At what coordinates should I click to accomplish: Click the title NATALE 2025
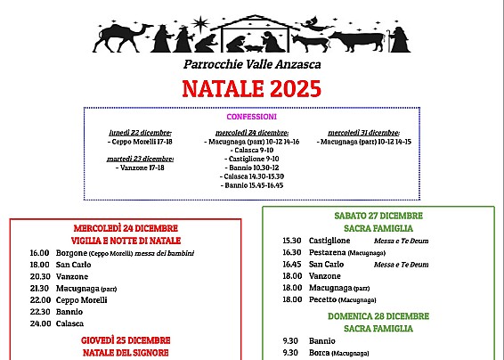pyautogui.click(x=251, y=87)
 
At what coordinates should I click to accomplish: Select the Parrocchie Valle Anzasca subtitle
pyautogui.click(x=252, y=64)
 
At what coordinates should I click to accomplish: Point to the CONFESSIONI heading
pyautogui.click(x=252, y=117)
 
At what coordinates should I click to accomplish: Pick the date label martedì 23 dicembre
pyautogui.click(x=141, y=159)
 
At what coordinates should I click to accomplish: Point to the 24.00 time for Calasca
pyautogui.click(x=39, y=323)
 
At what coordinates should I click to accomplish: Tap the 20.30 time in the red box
pyautogui.click(x=39, y=276)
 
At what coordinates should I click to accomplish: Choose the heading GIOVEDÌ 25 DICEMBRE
pyautogui.click(x=126, y=340)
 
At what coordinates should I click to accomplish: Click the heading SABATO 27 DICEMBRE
pyautogui.click(x=378, y=216)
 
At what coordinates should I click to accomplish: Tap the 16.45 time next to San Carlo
pyautogui.click(x=292, y=265)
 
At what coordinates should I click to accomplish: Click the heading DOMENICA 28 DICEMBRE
pyautogui.click(x=378, y=316)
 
